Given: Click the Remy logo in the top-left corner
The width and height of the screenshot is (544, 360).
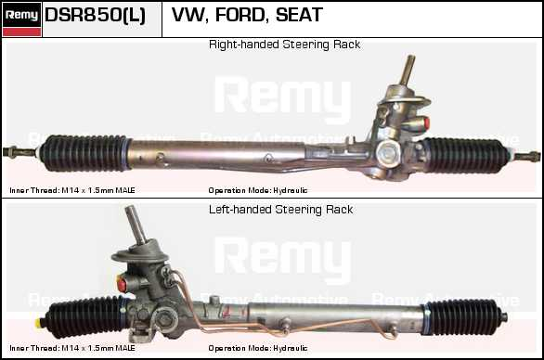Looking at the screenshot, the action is (22, 19).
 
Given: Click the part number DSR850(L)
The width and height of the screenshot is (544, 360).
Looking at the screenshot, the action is (95, 15).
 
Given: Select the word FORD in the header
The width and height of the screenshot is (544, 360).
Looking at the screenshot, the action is (240, 15).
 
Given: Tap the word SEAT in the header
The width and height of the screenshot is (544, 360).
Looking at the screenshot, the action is (299, 15).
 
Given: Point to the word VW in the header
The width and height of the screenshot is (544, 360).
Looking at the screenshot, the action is (189, 15).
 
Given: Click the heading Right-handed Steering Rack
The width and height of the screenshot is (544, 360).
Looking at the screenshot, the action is (284, 45).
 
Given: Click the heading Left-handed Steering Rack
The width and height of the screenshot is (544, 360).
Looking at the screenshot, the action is (280, 210).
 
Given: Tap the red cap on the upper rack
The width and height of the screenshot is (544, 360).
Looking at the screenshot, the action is (426, 123).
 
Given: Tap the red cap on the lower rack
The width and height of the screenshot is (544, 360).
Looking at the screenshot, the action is (122, 284).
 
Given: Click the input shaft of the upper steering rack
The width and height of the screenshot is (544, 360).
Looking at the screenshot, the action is (408, 70).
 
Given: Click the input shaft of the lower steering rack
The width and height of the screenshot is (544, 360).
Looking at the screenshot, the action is (136, 225).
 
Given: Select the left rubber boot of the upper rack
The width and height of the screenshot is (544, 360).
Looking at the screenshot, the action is (84, 153).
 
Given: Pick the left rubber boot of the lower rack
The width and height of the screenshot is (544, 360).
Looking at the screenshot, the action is (86, 316).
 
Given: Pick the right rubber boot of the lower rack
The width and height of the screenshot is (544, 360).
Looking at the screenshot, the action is (463, 316).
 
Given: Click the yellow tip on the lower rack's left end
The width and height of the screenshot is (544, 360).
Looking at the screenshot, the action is (38, 323).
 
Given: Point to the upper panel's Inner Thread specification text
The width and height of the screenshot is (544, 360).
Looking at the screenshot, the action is (72, 190).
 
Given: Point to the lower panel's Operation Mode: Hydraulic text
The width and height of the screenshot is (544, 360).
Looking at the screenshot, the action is (258, 348).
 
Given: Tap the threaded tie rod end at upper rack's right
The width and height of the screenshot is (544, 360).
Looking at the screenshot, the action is (526, 157).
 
